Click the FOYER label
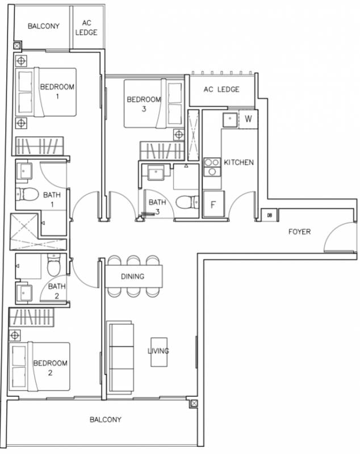299,232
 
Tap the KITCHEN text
238,162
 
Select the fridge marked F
214,204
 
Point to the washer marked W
248,119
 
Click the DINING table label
133,276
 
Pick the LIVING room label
158,351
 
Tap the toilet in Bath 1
27,194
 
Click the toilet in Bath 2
53,265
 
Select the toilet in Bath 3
187,202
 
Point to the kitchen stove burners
212,167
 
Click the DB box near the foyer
269,215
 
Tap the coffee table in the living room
159,352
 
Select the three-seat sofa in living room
120,356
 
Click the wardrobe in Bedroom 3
162,150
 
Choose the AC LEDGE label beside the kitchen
221,90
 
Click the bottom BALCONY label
106,419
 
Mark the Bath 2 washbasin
24,293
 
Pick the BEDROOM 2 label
51,368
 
